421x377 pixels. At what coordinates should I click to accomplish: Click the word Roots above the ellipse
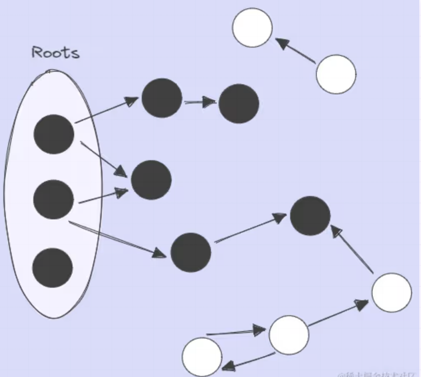point(55,53)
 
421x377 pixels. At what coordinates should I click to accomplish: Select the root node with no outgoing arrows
point(53,268)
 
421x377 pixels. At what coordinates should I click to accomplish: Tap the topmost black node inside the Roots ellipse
point(54,134)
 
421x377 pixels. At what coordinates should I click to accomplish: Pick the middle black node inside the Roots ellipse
point(53,199)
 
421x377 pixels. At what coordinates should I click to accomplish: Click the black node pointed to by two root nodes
point(151,180)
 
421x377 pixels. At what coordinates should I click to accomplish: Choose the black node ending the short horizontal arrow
point(239,103)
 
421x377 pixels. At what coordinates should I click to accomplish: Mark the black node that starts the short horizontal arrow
point(162,98)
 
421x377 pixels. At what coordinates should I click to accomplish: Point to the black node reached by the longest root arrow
point(191,253)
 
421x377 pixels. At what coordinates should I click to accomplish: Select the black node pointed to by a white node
point(310,216)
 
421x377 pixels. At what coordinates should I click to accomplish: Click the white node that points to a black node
point(391,292)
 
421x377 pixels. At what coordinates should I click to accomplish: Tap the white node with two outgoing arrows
point(289,335)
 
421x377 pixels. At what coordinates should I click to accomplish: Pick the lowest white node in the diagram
point(202,357)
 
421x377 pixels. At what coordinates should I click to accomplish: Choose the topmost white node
point(252,28)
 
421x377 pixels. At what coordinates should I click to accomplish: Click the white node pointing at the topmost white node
point(336,74)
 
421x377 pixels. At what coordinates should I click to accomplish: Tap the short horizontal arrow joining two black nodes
point(200,101)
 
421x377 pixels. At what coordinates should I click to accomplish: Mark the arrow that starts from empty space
point(236,332)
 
